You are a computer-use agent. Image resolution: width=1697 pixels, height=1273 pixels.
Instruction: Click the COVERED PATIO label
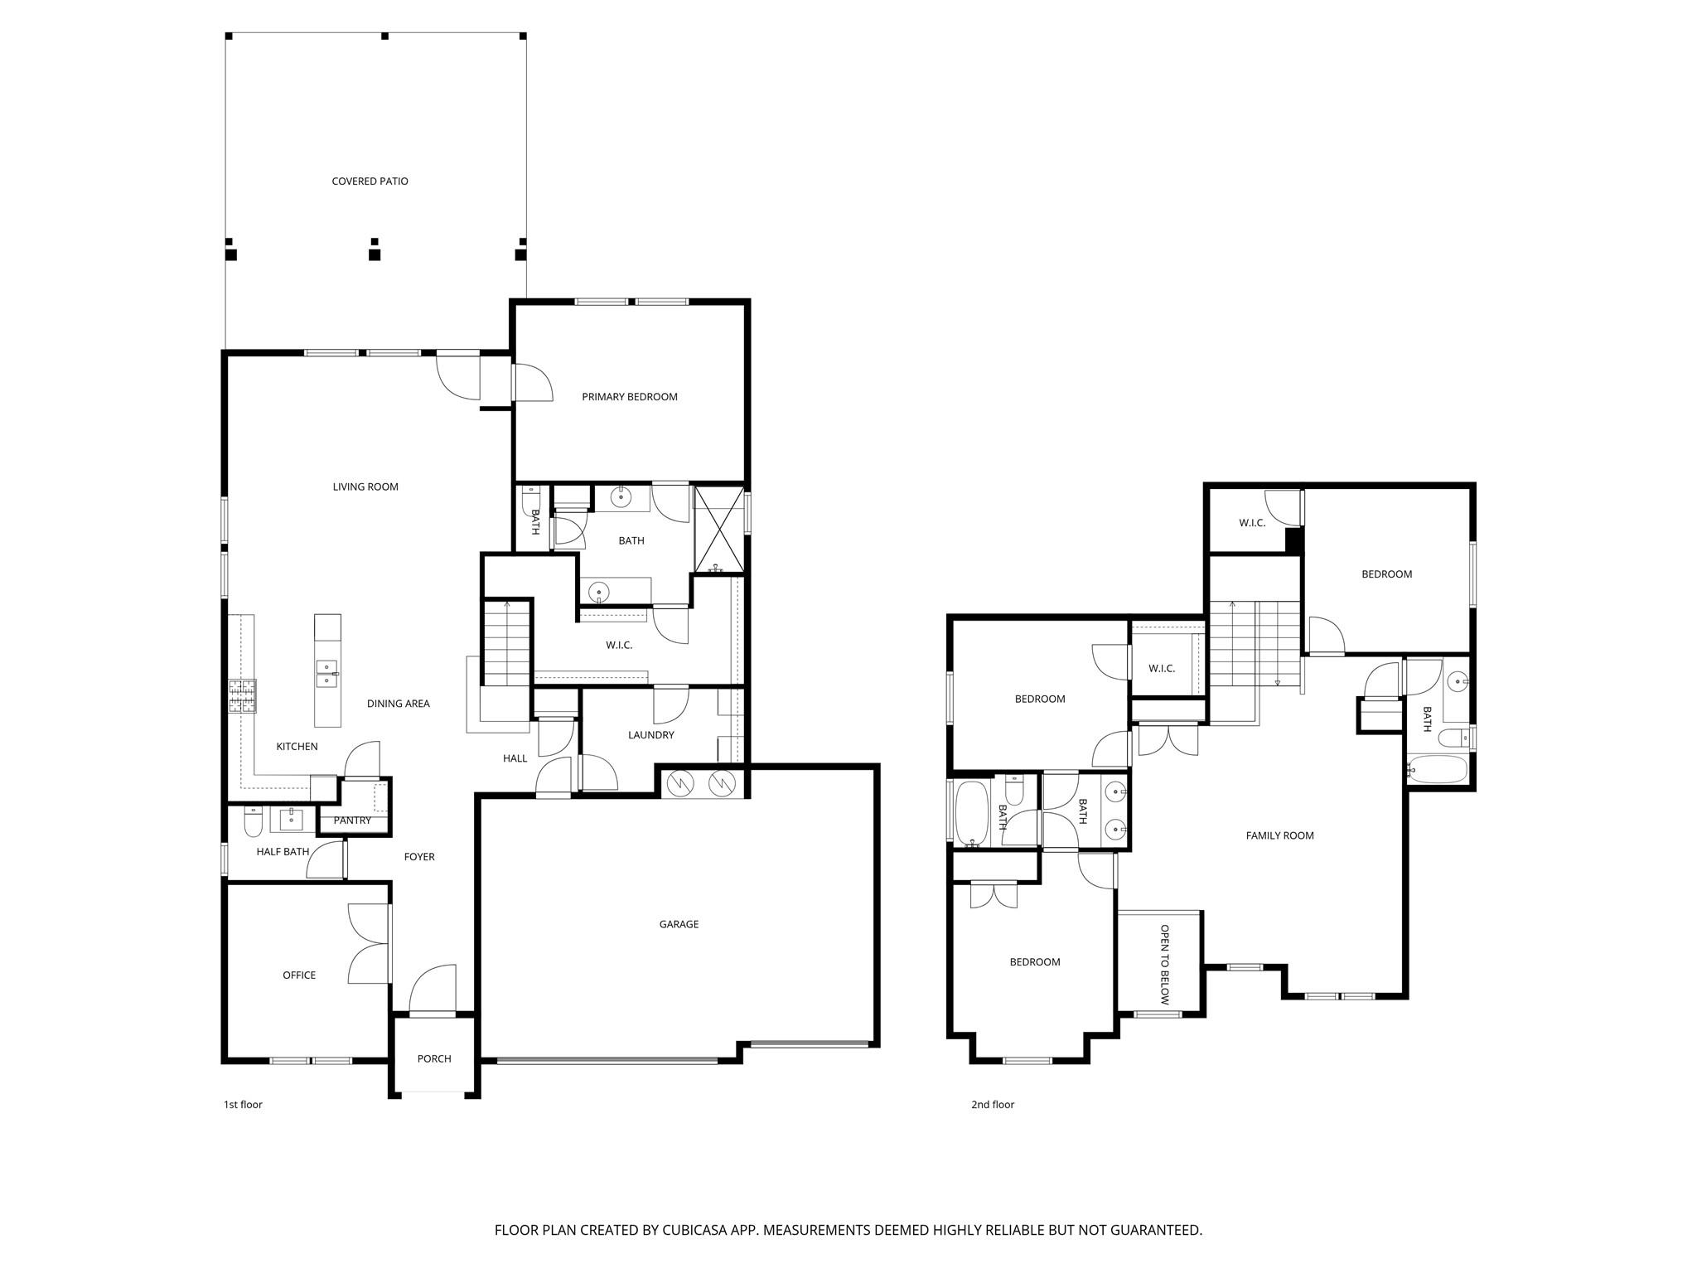pos(370,182)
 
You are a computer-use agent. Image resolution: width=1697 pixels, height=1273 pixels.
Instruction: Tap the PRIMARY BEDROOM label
pos(629,397)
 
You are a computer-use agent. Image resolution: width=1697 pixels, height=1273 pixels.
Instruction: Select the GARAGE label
pos(679,924)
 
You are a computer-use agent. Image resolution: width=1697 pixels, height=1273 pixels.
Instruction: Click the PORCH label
pos(434,1058)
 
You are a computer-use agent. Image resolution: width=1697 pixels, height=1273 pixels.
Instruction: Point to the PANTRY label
pos(352,820)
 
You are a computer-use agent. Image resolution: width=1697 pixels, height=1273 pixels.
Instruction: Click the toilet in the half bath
pos(254,822)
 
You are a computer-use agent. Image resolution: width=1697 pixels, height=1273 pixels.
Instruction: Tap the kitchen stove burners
pos(243,696)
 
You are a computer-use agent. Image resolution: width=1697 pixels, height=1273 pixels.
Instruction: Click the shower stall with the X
pos(718,529)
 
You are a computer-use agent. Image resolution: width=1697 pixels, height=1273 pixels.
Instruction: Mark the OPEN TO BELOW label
pos(1164,965)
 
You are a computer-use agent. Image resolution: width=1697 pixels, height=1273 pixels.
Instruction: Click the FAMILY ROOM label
pos(1279,835)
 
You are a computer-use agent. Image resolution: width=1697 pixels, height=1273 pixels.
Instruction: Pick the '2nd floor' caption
pos(992,1104)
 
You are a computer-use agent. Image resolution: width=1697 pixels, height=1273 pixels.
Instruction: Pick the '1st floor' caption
pos(243,1104)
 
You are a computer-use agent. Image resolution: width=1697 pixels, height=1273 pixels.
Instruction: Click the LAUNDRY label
pos(650,735)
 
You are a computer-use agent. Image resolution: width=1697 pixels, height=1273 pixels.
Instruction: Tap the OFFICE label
pos(299,975)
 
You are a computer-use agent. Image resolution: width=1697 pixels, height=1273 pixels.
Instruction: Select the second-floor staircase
pos(1254,642)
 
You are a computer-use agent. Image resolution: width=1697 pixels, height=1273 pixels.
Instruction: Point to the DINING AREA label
pos(398,704)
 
